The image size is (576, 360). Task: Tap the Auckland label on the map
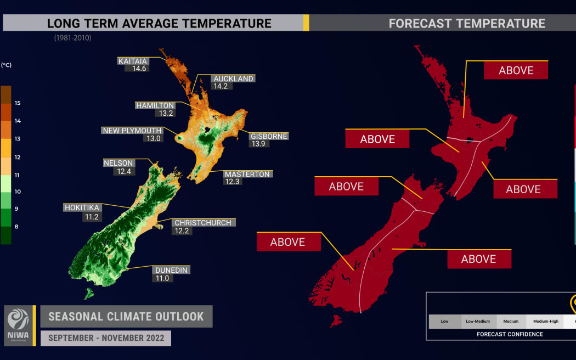233,78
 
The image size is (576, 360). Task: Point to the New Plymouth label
132,131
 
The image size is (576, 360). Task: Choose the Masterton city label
247,174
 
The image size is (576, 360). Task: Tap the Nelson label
118,163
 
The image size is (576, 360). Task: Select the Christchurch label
202,223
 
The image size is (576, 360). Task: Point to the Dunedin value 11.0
163,278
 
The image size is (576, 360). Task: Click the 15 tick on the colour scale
18,103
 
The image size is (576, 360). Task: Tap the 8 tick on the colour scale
17,226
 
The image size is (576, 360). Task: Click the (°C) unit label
7,65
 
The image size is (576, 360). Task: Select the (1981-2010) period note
72,38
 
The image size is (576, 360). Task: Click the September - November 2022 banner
106,338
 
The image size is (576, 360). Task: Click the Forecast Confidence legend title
510,334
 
